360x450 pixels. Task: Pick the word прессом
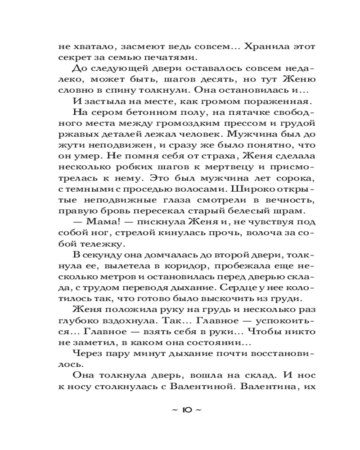[x=243, y=122]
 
